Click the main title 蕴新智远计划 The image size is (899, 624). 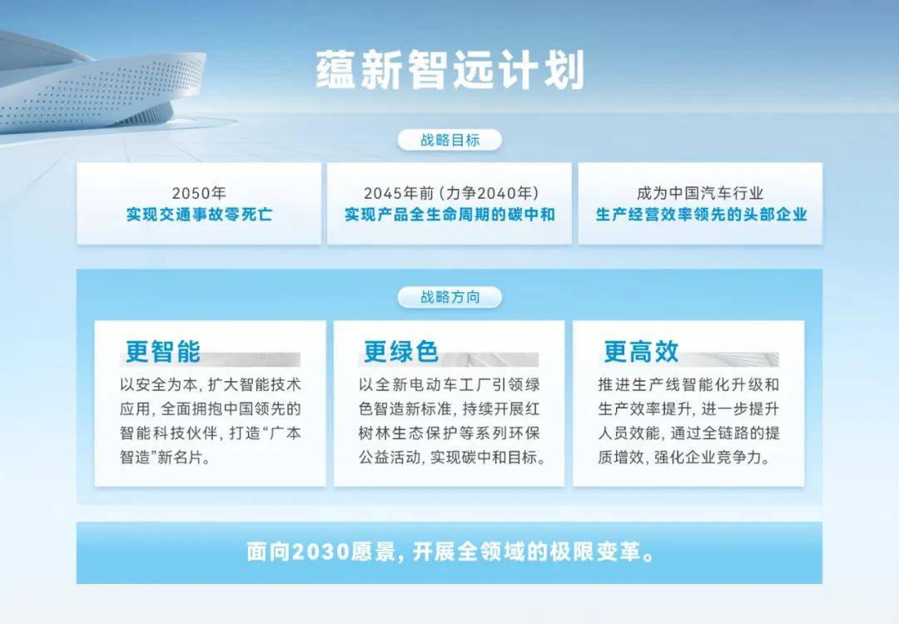click(x=449, y=70)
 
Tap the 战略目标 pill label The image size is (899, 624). click(x=449, y=140)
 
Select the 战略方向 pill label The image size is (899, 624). click(x=449, y=296)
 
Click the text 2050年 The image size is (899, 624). click(x=199, y=194)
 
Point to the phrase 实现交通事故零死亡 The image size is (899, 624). click(x=199, y=215)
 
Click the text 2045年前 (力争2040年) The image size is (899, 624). click(x=449, y=194)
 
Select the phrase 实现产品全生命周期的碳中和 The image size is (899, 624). click(x=449, y=215)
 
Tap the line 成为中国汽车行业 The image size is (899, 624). click(x=701, y=194)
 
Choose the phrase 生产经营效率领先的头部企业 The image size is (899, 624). click(x=701, y=215)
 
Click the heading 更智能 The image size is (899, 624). click(x=163, y=351)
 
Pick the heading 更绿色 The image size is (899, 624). click(x=401, y=351)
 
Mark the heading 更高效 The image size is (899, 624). click(x=641, y=351)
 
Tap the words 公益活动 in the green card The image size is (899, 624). click(x=390, y=458)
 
